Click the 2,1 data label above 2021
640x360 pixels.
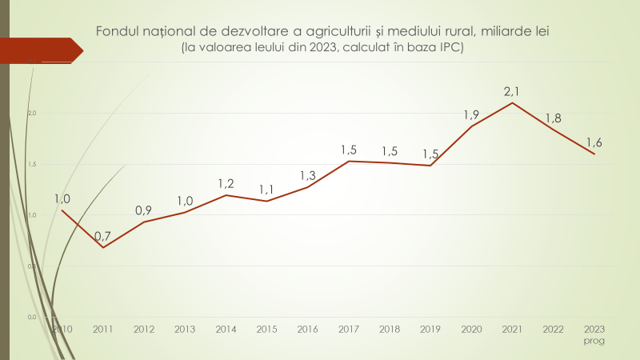pos(512,91)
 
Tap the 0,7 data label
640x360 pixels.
pos(102,236)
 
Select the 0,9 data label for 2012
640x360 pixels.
pos(143,210)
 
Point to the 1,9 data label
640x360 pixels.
pos(471,115)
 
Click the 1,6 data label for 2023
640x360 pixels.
pos(594,142)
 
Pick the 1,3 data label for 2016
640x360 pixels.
pos(308,175)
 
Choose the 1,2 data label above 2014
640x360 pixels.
pos(226,184)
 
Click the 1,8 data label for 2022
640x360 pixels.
pos(553,118)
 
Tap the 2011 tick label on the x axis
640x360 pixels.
pos(102,329)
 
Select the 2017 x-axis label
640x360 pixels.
pos(349,329)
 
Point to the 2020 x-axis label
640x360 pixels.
pos(471,329)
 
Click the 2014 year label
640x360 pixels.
pos(226,329)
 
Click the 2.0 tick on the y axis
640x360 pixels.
pos(32,113)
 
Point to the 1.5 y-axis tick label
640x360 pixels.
pos(32,164)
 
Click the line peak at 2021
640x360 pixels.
pos(512,102)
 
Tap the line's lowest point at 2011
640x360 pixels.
pos(102,247)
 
